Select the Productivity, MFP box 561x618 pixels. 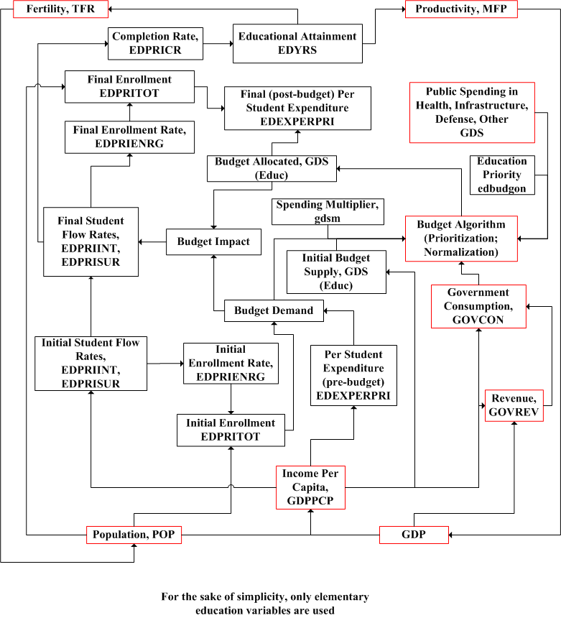point(461,9)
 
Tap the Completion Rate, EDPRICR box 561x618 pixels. point(155,43)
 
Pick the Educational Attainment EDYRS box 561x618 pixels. point(297,42)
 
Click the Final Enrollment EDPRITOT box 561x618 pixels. point(129,86)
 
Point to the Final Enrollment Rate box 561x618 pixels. point(129,137)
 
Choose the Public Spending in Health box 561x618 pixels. point(472,112)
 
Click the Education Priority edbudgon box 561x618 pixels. point(502,174)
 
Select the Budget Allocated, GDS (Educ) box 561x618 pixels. point(271,168)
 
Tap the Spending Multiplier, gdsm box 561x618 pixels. point(329,211)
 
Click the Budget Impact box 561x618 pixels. point(213,242)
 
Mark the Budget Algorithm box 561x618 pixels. point(461,238)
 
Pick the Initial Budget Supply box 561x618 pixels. point(337,272)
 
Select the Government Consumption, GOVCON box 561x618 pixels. point(478,306)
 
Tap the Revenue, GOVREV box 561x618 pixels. point(514,405)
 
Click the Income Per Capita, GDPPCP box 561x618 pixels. point(311,487)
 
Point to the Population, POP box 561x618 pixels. point(134,535)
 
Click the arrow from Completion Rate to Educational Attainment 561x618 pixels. point(218,43)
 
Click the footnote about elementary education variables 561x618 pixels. point(265,604)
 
